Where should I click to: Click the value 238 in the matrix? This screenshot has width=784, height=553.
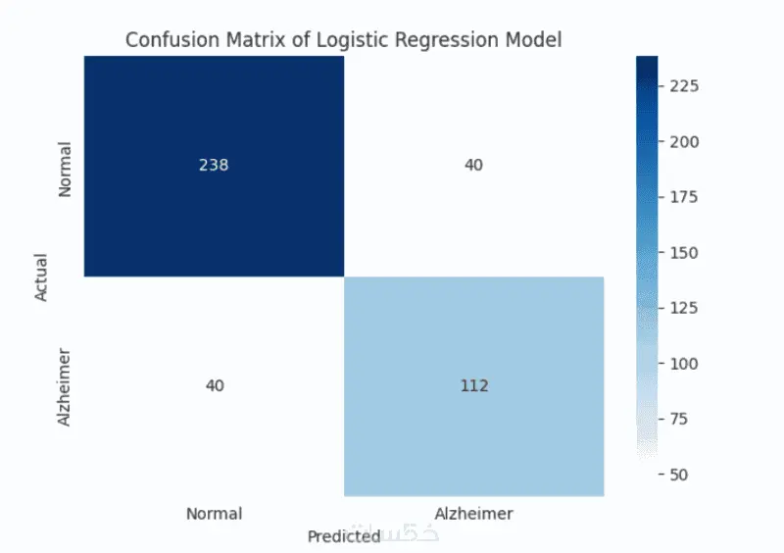(x=214, y=165)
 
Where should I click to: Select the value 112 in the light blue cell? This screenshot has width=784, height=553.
(x=474, y=385)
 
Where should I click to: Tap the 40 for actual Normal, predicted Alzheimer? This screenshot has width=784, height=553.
(x=474, y=165)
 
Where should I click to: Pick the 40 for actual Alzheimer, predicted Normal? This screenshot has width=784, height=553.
(x=214, y=385)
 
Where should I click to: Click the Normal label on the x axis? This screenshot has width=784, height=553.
(x=214, y=513)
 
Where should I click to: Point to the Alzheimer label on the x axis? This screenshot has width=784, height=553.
(x=474, y=513)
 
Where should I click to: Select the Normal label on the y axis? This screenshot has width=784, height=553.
(x=66, y=170)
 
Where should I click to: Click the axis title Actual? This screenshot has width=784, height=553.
(x=42, y=277)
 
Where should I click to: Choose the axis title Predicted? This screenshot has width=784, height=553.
(x=343, y=536)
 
